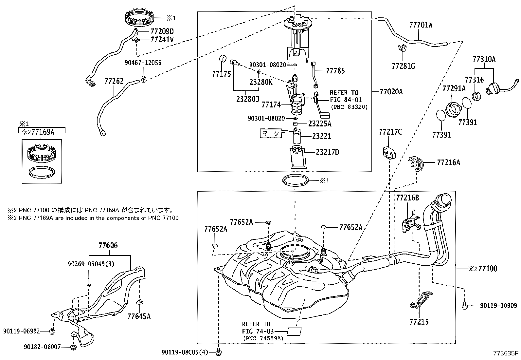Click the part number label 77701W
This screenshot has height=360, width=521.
coord(421,25)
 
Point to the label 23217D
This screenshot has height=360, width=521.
coord(327,152)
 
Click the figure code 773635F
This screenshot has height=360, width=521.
coord(506,353)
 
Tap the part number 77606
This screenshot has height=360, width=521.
coord(108,245)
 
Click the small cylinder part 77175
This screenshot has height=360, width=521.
coord(223,59)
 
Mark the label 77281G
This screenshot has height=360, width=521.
coord(403,66)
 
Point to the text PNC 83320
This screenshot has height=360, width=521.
coord(349,107)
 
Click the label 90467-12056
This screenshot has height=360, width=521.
coord(143,63)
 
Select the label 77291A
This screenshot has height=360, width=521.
coord(454,88)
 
